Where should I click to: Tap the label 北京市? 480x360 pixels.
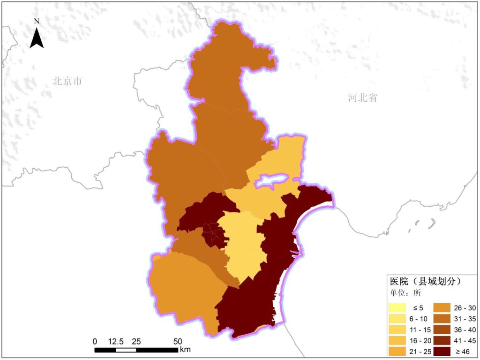[x=67, y=81]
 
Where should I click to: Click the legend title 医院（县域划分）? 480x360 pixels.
[x=426, y=282]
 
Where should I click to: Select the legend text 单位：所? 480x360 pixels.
[x=405, y=294]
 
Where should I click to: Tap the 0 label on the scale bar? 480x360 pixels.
[x=95, y=341]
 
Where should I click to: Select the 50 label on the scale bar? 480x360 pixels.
[x=178, y=341]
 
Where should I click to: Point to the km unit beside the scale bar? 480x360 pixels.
[x=185, y=349]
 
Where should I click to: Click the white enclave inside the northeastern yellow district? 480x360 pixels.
[x=270, y=180]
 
